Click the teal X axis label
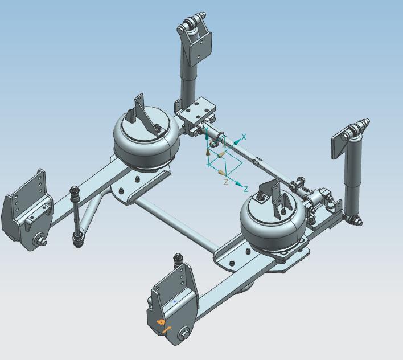244,137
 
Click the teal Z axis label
246,189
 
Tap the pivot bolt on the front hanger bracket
184,334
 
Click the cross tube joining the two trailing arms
176,225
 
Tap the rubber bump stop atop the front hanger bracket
178,261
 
